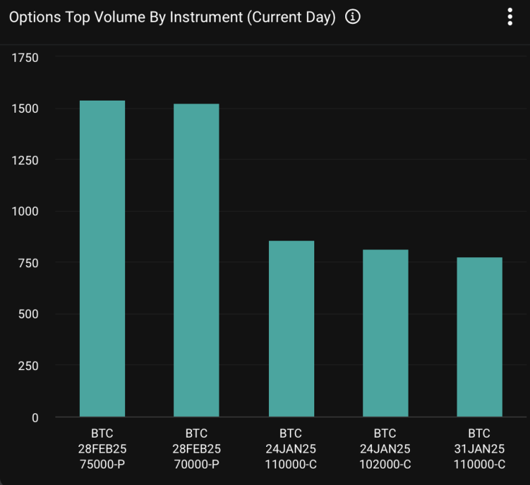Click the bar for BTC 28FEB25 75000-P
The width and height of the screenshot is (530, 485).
click(x=102, y=259)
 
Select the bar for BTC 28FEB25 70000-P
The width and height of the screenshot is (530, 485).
click(x=196, y=260)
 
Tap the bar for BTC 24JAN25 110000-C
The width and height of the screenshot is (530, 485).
click(x=291, y=328)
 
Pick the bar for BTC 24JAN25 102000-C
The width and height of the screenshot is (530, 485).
click(x=385, y=333)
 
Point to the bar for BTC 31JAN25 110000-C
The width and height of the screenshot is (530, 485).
click(x=480, y=337)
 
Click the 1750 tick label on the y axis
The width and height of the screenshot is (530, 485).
click(x=25, y=57)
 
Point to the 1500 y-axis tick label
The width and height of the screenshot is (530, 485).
click(x=25, y=108)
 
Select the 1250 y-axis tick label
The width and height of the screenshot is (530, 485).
click(x=25, y=160)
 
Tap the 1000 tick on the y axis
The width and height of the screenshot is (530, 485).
click(x=25, y=211)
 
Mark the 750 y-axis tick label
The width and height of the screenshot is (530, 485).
click(x=29, y=263)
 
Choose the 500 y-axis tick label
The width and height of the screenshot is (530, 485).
click(x=29, y=314)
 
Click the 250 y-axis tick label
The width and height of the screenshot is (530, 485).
click(x=29, y=366)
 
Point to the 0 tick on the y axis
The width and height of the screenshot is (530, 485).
click(x=35, y=417)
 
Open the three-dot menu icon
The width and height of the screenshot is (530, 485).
click(x=510, y=17)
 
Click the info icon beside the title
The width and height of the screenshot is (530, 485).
click(x=352, y=17)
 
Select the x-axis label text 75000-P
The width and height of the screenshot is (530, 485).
click(x=102, y=465)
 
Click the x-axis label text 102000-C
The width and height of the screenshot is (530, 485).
click(x=385, y=465)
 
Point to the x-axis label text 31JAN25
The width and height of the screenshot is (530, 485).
click(x=480, y=449)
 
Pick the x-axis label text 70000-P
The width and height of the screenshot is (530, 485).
click(x=196, y=465)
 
